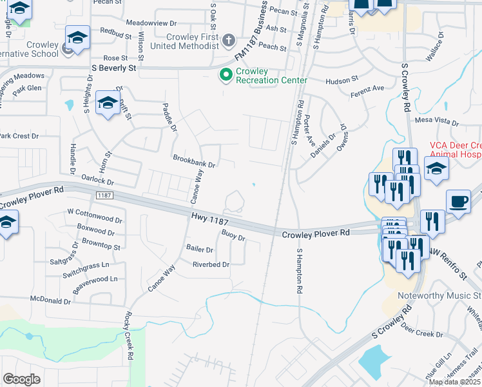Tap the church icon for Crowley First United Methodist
point(227,41)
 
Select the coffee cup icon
point(458,202)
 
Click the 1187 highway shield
point(104,195)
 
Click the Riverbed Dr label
point(211,264)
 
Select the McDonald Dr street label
point(51,301)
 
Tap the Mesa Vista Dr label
point(436,121)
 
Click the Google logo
point(21,379)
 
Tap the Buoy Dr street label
point(234,236)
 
